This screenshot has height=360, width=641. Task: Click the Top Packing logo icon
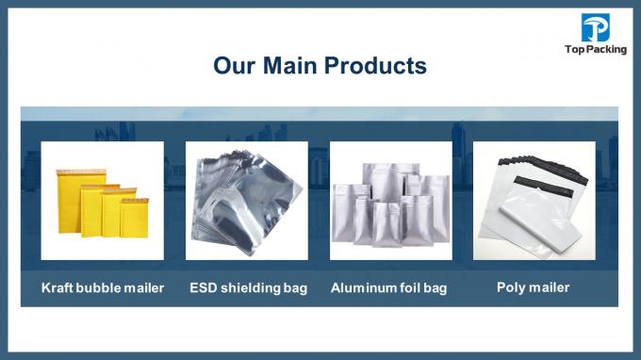click(x=596, y=28)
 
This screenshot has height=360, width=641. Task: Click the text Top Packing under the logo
click(x=596, y=50)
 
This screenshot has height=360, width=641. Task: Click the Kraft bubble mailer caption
click(x=102, y=287)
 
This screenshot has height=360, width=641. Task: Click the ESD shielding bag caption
click(x=248, y=287)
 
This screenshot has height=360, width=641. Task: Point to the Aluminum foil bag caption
click(x=388, y=287)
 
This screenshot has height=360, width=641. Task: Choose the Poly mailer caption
click(x=533, y=286)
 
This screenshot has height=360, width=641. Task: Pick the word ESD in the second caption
click(x=203, y=287)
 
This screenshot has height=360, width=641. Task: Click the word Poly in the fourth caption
click(x=511, y=286)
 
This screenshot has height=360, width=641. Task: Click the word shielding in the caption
click(x=251, y=287)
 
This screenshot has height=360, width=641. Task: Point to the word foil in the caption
click(x=409, y=287)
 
